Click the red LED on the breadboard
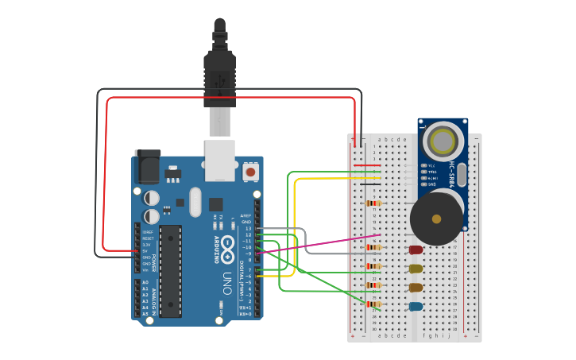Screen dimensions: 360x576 point(416,250)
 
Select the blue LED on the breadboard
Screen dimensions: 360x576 point(416,306)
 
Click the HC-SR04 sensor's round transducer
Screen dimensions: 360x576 point(441,142)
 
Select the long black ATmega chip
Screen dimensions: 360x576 point(170,271)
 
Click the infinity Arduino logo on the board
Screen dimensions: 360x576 point(228,246)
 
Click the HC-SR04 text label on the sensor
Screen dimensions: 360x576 point(452,176)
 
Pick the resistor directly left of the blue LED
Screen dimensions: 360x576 point(373,304)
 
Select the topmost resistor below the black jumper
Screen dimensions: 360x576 point(373,203)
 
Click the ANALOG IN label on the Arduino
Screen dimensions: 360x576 point(154,298)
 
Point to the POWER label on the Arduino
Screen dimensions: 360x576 point(154,262)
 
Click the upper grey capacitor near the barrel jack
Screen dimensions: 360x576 point(151,197)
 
